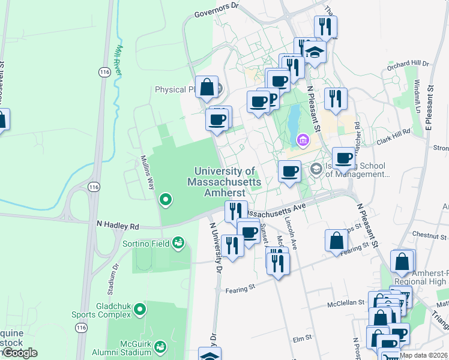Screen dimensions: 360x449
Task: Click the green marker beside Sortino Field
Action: click(177, 242)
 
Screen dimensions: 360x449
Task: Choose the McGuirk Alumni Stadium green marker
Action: click(160, 346)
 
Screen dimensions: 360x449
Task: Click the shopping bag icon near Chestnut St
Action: click(337, 240)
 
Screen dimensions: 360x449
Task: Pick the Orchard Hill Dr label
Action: click(408, 64)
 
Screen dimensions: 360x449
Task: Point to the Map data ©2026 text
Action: click(423, 355)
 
